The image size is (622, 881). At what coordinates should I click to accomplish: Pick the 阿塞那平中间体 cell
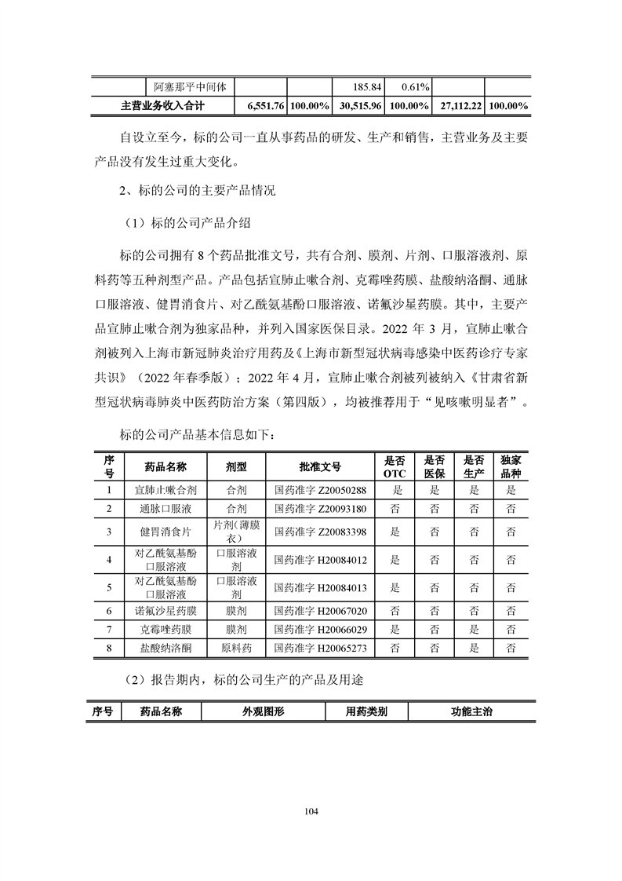(189, 86)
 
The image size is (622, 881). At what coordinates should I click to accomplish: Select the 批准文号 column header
(321, 466)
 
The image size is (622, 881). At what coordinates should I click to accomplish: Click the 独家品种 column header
(511, 466)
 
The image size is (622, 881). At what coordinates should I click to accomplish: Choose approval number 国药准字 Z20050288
(321, 490)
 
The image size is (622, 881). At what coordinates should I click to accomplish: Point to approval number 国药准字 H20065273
(321, 649)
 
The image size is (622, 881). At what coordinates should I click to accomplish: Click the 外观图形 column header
(263, 711)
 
